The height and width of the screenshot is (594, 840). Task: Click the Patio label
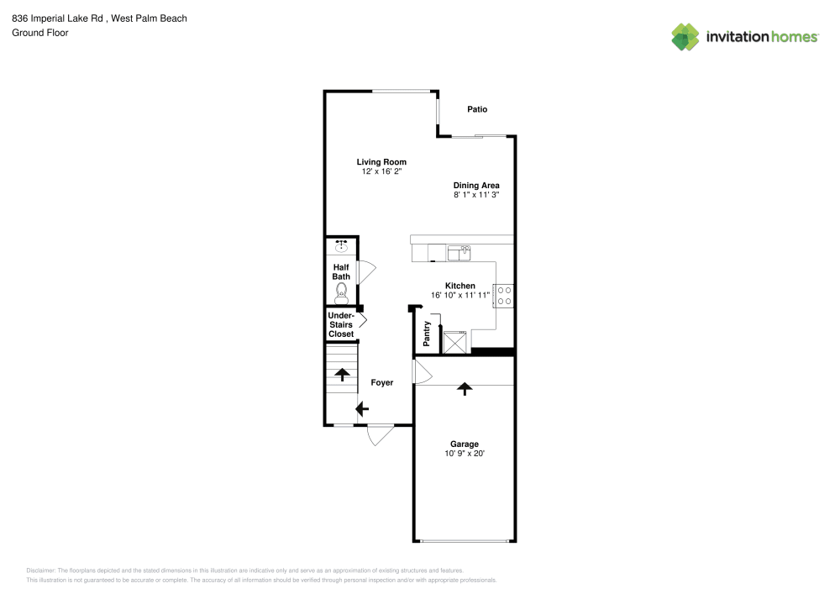tap(477, 109)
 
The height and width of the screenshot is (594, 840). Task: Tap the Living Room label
tap(381, 162)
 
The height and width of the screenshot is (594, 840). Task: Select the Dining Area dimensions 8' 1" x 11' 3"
tap(476, 195)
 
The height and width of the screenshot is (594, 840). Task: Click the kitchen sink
tap(459, 253)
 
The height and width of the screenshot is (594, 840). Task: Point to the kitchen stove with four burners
tap(503, 296)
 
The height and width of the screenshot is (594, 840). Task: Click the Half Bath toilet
tap(341, 293)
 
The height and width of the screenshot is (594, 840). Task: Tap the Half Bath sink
tap(341, 246)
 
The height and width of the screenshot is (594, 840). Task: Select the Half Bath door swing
tap(367, 272)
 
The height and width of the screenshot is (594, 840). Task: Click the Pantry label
tap(427, 334)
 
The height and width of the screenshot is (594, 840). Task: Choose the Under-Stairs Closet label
tap(341, 324)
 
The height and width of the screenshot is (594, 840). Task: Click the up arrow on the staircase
tap(343, 375)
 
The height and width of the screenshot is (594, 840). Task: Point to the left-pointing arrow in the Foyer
tap(362, 409)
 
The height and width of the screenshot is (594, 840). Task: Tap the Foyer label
tap(382, 382)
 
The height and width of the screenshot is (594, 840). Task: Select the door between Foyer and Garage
tap(423, 371)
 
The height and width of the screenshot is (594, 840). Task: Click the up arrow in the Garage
tap(465, 389)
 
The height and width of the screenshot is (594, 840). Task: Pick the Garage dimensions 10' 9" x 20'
tap(465, 454)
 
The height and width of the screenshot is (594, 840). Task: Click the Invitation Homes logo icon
tap(685, 37)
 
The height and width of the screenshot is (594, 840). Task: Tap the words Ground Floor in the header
tap(40, 33)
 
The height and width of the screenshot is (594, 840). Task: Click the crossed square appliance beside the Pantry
tap(454, 342)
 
